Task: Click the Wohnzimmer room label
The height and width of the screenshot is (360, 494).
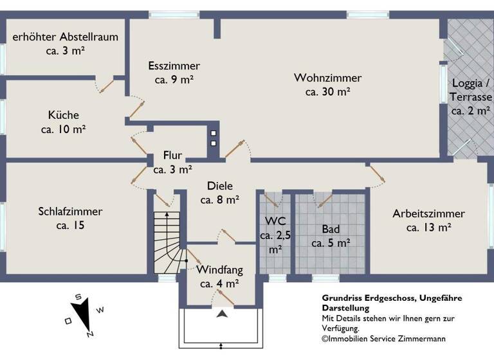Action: (327, 78)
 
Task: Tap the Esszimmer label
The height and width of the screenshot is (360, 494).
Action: (174, 66)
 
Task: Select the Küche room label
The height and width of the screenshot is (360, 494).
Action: (64, 115)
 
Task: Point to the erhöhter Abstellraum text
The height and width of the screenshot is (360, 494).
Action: (66, 37)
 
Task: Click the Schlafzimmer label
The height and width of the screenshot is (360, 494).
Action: (70, 212)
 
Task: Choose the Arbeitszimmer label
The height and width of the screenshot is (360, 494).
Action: (428, 213)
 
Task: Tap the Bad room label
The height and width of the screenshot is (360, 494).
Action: (330, 229)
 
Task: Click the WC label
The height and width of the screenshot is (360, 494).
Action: (275, 222)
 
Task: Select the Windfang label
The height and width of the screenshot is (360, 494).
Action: (219, 269)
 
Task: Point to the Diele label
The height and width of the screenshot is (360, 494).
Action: (220, 186)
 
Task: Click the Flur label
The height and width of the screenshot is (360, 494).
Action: (172, 156)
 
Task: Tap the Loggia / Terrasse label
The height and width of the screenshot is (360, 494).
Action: (471, 90)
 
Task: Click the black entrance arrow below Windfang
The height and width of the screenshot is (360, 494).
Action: (222, 314)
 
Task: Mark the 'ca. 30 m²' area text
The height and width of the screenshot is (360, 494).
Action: (327, 92)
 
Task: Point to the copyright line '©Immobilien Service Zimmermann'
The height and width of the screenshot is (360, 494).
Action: (383, 339)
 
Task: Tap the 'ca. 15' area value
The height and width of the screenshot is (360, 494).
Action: (70, 226)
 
